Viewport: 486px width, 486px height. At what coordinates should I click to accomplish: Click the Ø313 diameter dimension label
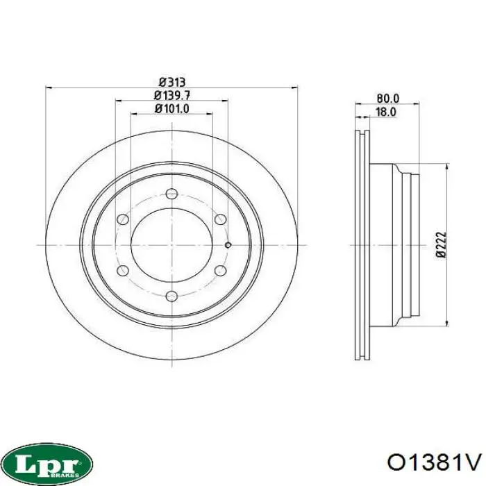172,83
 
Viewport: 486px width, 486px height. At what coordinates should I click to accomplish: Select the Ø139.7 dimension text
172,96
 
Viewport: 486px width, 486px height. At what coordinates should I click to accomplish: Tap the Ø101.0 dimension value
172,109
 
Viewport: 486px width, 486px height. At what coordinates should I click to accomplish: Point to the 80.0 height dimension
387,99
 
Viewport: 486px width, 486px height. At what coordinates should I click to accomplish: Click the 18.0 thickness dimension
386,112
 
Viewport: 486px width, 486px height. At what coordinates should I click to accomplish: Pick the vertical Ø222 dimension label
442,244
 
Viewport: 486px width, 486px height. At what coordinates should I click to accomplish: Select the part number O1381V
435,463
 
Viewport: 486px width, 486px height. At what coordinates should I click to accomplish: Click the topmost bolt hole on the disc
171,194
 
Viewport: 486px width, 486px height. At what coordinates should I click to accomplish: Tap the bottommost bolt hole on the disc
171,296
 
